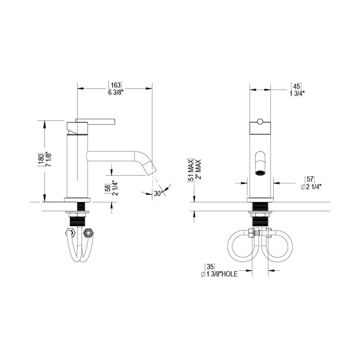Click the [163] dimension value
coord(115,85)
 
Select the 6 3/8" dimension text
coord(115,93)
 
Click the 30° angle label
coord(157,193)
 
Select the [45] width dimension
coord(296,85)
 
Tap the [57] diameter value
coord(310,179)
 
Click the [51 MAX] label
coord(190,170)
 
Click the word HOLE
coord(229,274)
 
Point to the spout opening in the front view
coord(260,171)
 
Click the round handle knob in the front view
coord(260,121)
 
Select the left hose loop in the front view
coord(239,245)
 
